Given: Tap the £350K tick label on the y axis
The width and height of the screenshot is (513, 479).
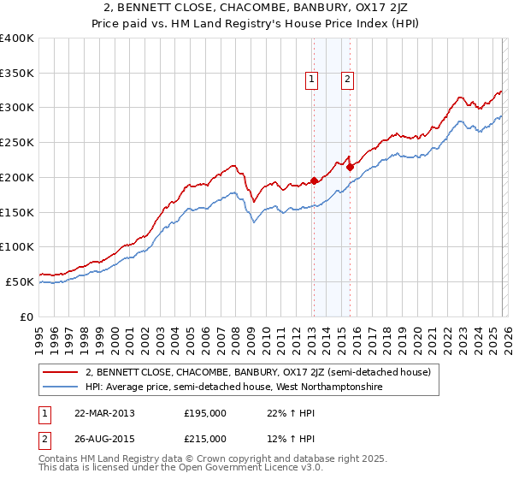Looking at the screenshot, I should pyautogui.click(x=17, y=74).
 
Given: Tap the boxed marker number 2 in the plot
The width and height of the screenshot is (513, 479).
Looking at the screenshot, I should pyautogui.click(x=348, y=80).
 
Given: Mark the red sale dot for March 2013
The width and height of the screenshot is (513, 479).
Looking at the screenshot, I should pyautogui.click(x=314, y=180).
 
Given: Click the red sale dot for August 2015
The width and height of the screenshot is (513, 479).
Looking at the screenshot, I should pyautogui.click(x=350, y=167).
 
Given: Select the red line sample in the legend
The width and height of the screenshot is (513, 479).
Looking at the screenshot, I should pyautogui.click(x=61, y=372).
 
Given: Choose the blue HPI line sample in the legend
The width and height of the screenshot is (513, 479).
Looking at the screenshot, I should pyautogui.click(x=61, y=387).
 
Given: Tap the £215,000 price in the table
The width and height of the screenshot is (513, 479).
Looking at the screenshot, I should pyautogui.click(x=205, y=438).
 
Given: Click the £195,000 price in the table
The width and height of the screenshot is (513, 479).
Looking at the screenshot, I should pyautogui.click(x=205, y=413).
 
